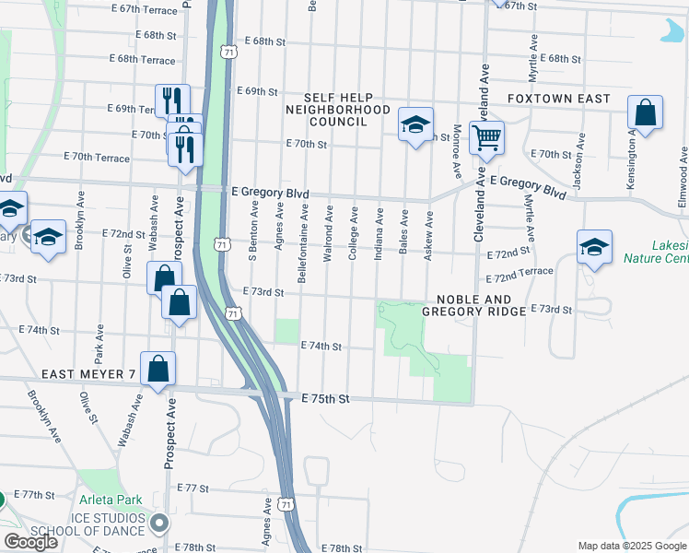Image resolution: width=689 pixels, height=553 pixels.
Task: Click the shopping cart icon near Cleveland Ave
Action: point(485,138)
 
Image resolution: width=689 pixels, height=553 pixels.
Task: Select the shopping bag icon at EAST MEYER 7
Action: point(158,368)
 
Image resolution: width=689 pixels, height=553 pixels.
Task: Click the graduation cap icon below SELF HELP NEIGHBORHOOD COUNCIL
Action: point(415,124)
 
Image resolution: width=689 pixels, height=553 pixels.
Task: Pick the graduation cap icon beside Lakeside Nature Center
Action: point(594,247)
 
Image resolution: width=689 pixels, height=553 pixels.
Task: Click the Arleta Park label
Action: point(110,500)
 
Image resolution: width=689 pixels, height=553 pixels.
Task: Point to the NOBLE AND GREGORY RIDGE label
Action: point(473,305)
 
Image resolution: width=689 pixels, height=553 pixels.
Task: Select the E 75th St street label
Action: point(327,399)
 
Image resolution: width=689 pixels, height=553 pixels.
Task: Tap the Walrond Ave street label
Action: point(329,234)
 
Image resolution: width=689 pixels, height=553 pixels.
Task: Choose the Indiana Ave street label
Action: point(379,234)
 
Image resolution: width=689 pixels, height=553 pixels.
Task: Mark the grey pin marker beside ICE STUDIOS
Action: point(159,524)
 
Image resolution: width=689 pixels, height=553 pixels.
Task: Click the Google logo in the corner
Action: point(31,542)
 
